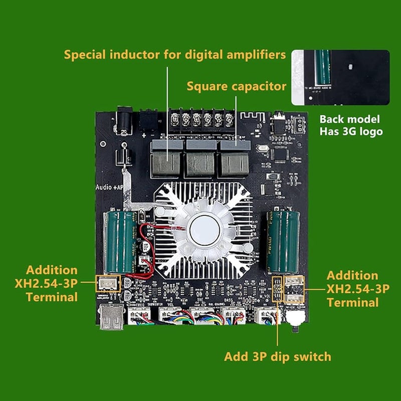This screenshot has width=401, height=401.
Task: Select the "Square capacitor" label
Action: tap(237, 86)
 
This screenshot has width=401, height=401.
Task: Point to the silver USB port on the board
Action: tap(111, 318)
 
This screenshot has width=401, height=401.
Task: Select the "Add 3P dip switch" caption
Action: tap(277, 356)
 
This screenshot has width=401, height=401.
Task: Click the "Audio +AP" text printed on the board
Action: tap(109, 187)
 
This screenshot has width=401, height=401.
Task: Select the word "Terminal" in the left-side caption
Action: tap(52, 297)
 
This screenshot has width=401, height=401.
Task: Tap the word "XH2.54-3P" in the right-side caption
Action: tap(358, 289)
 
